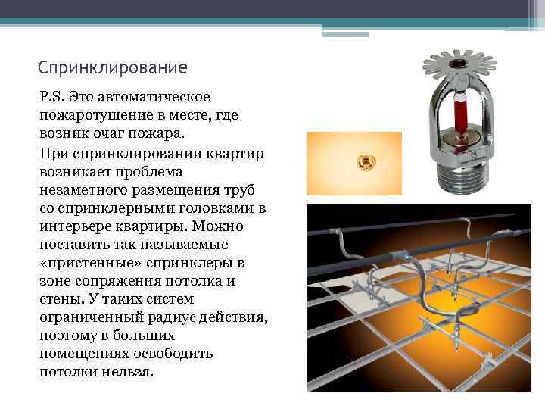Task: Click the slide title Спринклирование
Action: click(112, 67)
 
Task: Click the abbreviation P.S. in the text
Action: click(52, 97)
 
